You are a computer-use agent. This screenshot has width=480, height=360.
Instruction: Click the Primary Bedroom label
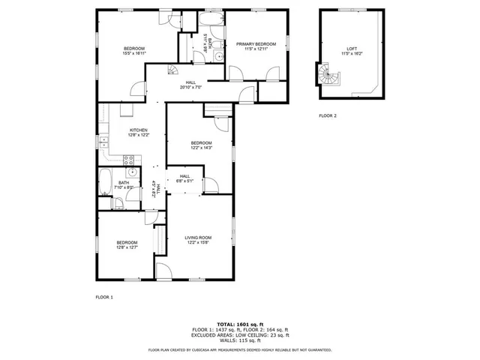point(256,44)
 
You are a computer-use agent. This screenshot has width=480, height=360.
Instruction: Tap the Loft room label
point(352,47)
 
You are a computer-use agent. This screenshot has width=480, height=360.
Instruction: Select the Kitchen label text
point(128,130)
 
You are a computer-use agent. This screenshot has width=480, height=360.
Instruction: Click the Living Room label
point(199,238)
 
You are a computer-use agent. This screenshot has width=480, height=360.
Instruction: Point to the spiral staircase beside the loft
point(328,74)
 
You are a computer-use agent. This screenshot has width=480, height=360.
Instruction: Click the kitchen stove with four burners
point(128,159)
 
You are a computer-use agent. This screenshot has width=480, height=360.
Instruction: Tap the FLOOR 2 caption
point(328,115)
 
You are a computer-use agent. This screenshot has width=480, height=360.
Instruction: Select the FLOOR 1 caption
point(103,298)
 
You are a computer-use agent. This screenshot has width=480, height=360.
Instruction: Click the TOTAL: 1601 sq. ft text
point(240,323)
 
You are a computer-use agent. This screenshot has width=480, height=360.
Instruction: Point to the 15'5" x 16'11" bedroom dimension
point(134,54)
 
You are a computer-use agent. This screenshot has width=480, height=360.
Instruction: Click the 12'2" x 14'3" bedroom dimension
point(201,148)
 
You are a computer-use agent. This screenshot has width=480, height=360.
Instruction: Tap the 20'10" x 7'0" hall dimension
point(190,88)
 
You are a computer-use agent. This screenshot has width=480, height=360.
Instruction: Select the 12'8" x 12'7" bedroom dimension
point(127,247)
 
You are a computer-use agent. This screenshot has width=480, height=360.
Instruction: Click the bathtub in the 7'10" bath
point(105,182)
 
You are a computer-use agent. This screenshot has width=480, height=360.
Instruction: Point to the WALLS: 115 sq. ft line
point(240,341)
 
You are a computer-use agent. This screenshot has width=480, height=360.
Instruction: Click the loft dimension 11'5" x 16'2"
point(352,53)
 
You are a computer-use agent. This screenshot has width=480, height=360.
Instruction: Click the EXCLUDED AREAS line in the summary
point(240,335)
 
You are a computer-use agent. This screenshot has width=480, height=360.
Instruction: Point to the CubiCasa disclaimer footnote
point(240,349)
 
